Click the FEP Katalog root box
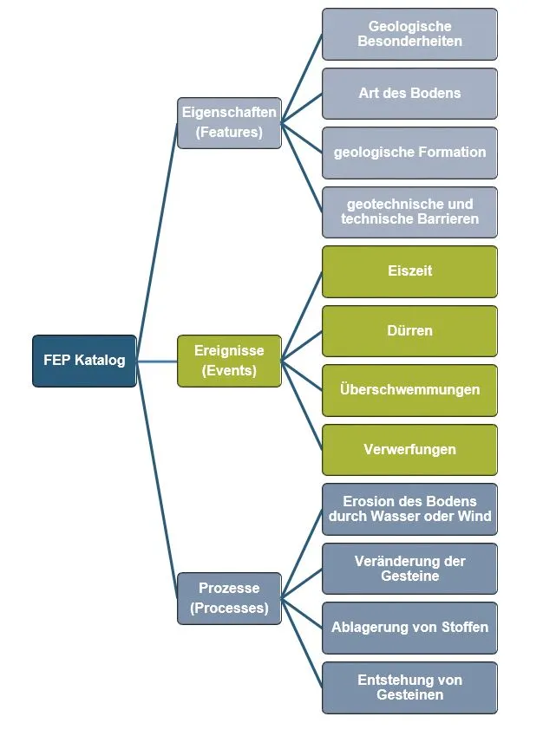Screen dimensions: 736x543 pos(84,361)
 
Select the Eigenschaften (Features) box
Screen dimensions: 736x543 pos(229,122)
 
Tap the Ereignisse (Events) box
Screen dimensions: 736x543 pos(229,361)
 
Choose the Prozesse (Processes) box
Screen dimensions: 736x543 pos(229,598)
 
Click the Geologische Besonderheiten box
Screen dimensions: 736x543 pos(409,34)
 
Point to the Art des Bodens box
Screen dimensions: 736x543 pos(409,93)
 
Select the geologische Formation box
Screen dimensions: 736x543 pos(409,153)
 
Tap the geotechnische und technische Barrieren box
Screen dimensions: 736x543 pos(409,212)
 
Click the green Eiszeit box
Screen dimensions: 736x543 pos(409,271)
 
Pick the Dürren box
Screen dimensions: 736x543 pos(409,330)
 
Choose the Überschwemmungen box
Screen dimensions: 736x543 pos(409,390)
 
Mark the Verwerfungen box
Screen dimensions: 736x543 pos(409,449)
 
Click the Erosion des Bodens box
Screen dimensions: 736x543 pos(409,509)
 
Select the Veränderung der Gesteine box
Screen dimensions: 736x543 pos(409,569)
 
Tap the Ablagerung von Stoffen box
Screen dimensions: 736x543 pos(409,628)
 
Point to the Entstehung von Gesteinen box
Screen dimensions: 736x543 pos(409,687)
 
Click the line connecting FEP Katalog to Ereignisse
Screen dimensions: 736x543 pos(156,361)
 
